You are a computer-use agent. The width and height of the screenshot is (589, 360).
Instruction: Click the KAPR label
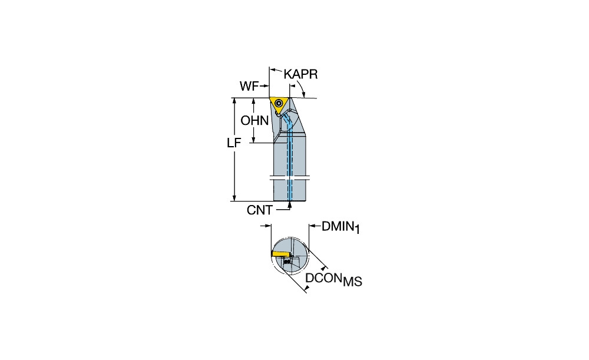[300, 74]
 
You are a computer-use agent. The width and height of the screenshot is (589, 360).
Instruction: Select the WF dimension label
[249, 87]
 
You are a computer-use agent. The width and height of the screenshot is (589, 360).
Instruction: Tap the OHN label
[254, 121]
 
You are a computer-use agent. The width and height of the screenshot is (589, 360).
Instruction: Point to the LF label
[234, 143]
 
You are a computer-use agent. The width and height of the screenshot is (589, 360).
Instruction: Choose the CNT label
[260, 210]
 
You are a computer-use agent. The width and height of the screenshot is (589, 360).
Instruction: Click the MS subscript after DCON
[352, 282]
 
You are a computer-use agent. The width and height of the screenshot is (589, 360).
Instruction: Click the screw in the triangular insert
[279, 103]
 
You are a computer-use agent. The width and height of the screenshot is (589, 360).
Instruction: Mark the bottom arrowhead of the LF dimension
[234, 197]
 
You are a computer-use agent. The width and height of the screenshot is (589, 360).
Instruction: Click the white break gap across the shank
[290, 177]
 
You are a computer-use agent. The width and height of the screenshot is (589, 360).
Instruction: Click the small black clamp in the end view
[287, 262]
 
